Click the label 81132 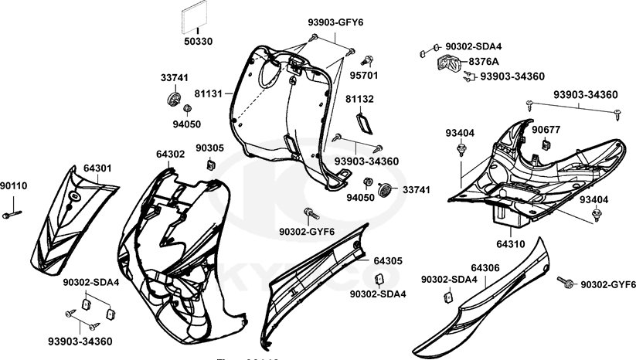pyautogui.click(x=359, y=100)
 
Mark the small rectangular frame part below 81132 pyautogui.click(x=365, y=121)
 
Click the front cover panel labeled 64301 pyautogui.click(x=73, y=220)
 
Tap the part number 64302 pyautogui.click(x=170, y=155)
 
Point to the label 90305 pyautogui.click(x=209, y=148)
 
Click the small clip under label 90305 pyautogui.click(x=210, y=164)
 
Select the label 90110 pyautogui.click(x=13, y=185)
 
